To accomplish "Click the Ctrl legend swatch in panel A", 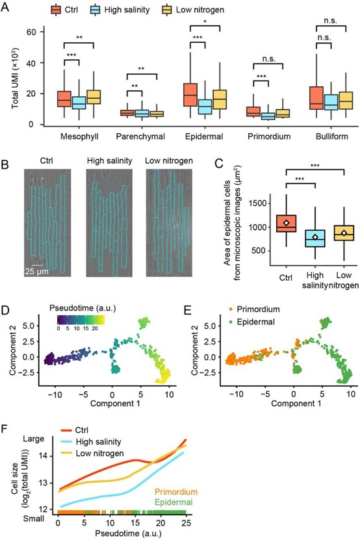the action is click(x=56, y=10).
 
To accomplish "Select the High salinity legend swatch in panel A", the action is click(x=96, y=10).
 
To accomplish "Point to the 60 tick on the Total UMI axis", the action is click(x=31, y=32).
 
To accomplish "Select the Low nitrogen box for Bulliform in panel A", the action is click(x=346, y=101).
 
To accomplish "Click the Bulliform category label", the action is click(x=332, y=136).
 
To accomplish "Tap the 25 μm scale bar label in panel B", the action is click(x=36, y=272).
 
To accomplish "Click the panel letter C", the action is click(x=219, y=163).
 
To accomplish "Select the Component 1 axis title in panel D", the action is click(x=115, y=403).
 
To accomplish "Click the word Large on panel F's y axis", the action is click(x=33, y=439).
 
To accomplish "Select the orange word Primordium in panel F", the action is click(x=175, y=492).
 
